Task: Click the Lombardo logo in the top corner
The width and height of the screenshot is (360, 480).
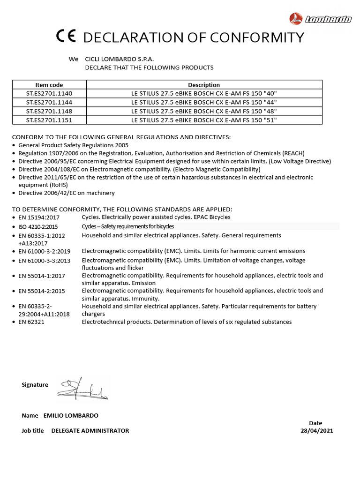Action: [321, 19]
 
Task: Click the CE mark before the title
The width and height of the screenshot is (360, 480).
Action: [65, 37]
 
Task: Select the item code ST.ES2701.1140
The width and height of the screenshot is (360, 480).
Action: [49, 93]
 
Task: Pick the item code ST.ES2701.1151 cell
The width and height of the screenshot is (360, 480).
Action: [49, 120]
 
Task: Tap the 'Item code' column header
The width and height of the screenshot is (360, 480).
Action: [49, 85]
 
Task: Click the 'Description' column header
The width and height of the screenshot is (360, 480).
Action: [204, 85]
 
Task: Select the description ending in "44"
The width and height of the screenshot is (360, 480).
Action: [204, 102]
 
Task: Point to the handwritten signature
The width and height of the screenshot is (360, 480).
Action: [82, 389]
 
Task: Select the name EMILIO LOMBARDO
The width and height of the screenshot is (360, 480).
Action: [71, 415]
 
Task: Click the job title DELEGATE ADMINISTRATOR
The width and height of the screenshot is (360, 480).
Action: [90, 431]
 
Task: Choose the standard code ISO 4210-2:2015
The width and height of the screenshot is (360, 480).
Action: [38, 227]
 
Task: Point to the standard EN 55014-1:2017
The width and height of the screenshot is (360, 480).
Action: [42, 276]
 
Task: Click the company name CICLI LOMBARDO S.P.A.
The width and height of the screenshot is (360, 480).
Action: [119, 60]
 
